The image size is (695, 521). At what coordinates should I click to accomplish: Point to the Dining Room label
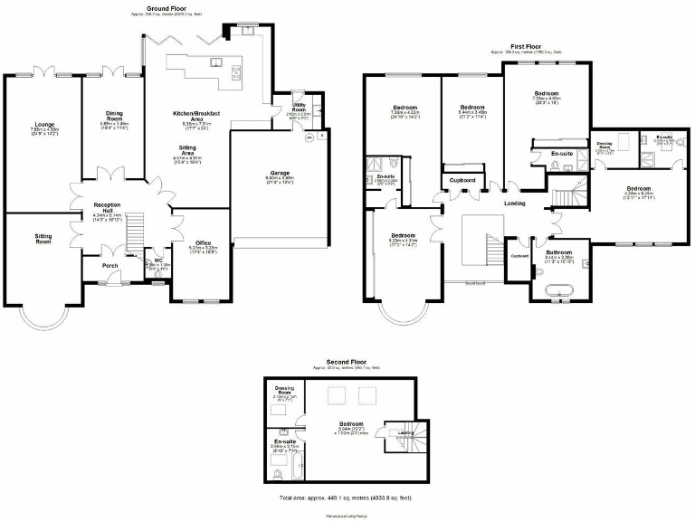[x=114, y=116]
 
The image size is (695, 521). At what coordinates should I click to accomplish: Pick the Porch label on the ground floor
[x=110, y=265]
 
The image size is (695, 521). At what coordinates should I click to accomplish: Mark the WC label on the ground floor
[x=157, y=260]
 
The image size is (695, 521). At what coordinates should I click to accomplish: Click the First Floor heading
[x=525, y=46]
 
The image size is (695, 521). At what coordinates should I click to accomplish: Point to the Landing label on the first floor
[x=515, y=203]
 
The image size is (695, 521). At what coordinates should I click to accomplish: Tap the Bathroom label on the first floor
[x=558, y=252]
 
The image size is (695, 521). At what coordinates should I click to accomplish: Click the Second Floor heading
[x=347, y=362]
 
